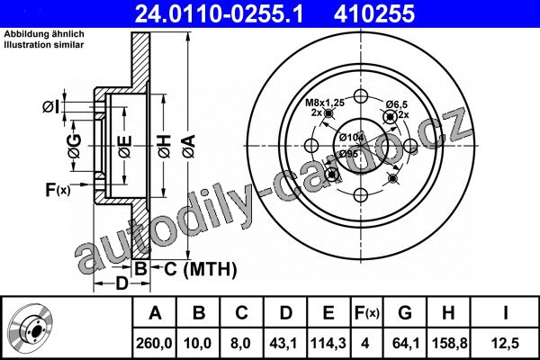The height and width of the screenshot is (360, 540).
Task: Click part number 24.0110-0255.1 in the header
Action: pyautogui.click(x=219, y=13)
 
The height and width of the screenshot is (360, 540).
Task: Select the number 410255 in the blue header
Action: pyautogui.click(x=374, y=13)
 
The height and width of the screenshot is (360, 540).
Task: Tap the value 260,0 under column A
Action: pyautogui.click(x=154, y=343)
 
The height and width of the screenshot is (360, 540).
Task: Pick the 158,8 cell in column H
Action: pyautogui.click(x=449, y=343)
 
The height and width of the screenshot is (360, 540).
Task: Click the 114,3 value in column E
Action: pyautogui.click(x=328, y=343)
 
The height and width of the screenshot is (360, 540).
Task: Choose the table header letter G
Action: pyautogui.click(x=405, y=313)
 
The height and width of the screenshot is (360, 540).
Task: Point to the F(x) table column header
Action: pyautogui.click(x=367, y=313)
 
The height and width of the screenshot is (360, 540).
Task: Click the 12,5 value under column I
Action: pyautogui.click(x=506, y=343)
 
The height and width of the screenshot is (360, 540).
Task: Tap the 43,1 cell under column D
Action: pyautogui.click(x=284, y=343)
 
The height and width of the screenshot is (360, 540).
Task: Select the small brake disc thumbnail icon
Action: pyautogui.click(x=31, y=327)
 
